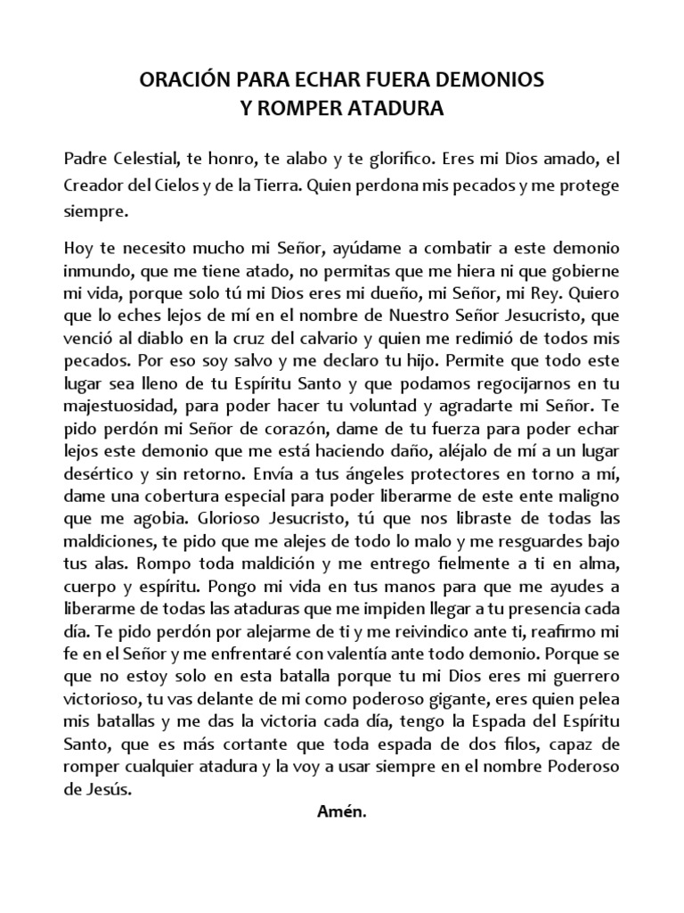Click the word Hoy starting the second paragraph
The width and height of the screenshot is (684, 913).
[x=78, y=246]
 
